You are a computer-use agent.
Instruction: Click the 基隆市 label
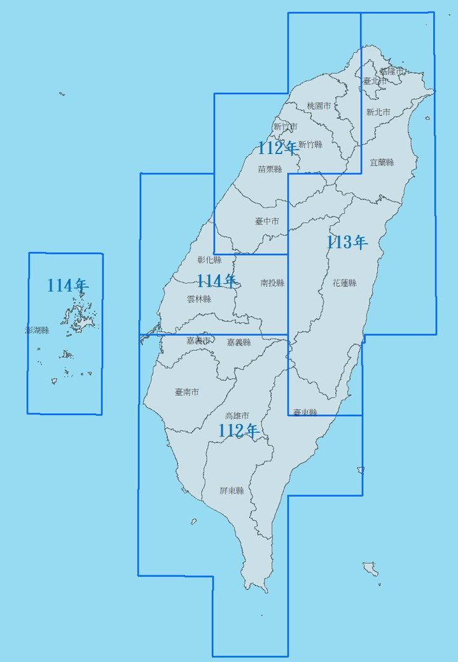391,71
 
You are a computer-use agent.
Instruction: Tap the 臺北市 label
375,81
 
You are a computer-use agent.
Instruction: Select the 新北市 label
378,112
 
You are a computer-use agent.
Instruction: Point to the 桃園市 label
319,106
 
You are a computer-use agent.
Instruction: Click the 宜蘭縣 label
382,162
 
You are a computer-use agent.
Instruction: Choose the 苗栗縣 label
270,169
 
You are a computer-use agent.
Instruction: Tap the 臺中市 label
267,222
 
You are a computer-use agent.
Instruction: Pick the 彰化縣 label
209,260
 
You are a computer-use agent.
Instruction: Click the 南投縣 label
272,283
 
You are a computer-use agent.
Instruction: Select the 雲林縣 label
199,299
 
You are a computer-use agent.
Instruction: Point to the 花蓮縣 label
344,283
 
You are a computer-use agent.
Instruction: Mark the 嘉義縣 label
239,342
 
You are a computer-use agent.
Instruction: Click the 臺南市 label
186,392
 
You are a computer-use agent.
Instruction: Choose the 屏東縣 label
232,491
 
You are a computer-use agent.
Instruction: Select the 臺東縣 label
305,412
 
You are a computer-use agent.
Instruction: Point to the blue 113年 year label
347,242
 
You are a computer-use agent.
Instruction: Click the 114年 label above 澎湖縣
67,285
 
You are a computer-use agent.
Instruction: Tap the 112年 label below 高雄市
238,431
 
